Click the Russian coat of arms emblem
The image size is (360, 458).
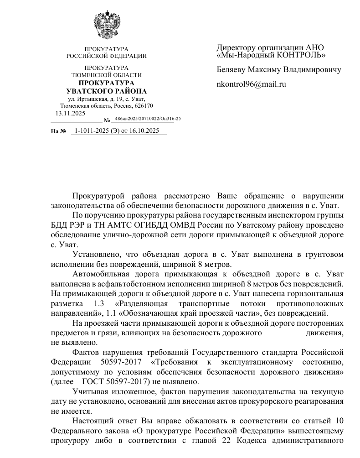(x=106, y=26)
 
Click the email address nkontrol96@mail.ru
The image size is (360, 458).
(x=251, y=84)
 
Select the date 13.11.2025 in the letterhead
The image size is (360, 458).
(x=70, y=114)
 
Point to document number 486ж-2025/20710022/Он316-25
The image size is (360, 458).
(x=148, y=119)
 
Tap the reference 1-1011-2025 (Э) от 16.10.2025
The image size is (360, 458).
(x=117, y=130)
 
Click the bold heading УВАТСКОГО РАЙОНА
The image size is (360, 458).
(x=107, y=91)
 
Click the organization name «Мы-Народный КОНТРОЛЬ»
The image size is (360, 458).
(x=271, y=55)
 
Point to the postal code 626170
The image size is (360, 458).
(x=144, y=106)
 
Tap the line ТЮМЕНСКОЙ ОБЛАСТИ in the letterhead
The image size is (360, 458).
(x=107, y=75)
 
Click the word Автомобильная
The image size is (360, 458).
(x=103, y=274)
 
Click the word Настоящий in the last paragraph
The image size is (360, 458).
(x=94, y=420)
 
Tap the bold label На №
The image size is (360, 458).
(x=59, y=131)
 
